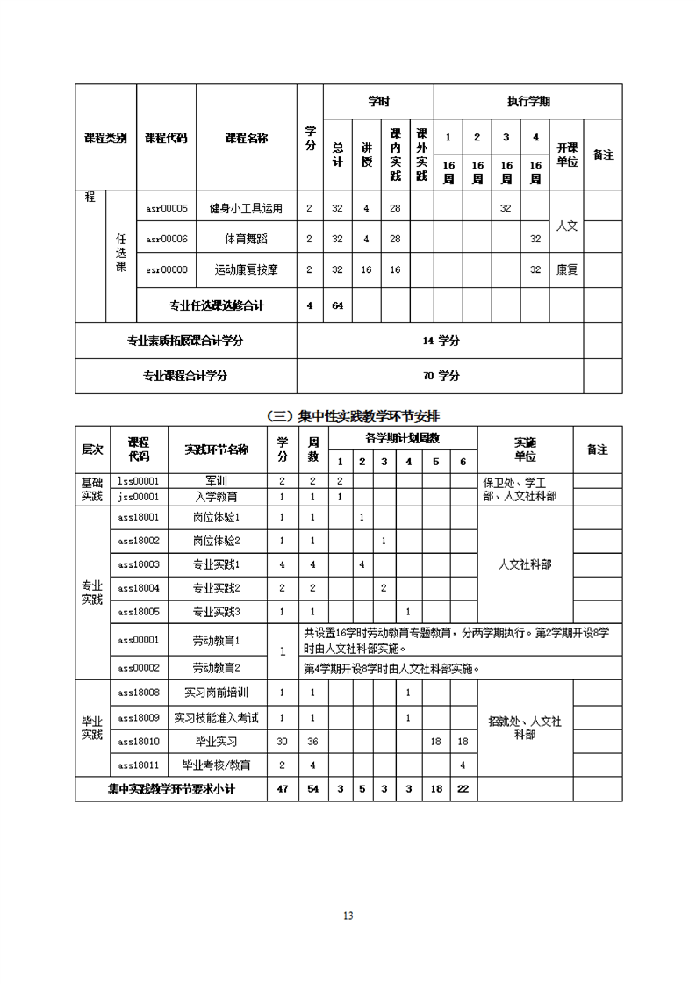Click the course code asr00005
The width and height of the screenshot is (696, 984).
[x=167, y=208]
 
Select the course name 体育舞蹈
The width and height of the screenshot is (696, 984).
[x=246, y=239]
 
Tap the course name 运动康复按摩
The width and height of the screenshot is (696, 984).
[x=246, y=269]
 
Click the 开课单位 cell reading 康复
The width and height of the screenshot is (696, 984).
[x=567, y=269]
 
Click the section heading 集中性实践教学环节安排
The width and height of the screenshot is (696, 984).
[x=359, y=415]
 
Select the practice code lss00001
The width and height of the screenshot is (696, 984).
[x=138, y=481]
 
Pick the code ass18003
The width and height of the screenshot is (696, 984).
[x=138, y=564]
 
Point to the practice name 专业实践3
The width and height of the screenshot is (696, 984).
[x=216, y=611]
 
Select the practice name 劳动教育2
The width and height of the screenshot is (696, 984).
[x=216, y=668]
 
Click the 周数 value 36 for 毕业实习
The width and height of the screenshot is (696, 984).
[x=312, y=742]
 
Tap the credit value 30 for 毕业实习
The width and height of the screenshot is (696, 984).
[x=282, y=742]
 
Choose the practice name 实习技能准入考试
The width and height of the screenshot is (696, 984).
[x=216, y=718]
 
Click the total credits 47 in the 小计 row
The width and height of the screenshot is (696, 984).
[x=282, y=789]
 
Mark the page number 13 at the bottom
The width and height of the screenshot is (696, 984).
[x=348, y=916]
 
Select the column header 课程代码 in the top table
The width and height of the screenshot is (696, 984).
[x=166, y=138]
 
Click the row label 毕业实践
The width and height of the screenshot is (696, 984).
[x=92, y=727]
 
